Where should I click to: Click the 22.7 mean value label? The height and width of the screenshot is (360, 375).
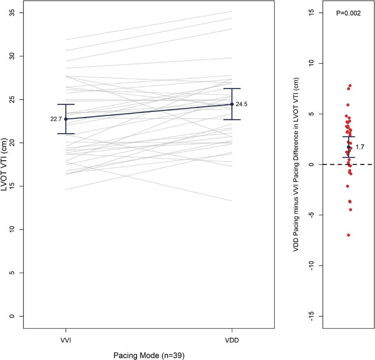pyautogui.click(x=56, y=119)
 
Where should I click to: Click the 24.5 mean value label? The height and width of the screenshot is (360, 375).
pyautogui.click(x=241, y=104)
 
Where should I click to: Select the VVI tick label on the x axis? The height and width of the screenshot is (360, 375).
pyautogui.click(x=66, y=340)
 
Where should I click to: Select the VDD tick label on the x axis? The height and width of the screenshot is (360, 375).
pyautogui.click(x=232, y=340)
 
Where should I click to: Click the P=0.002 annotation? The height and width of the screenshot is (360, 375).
pyautogui.click(x=348, y=13)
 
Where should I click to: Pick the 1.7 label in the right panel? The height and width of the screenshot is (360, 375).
pyautogui.click(x=360, y=147)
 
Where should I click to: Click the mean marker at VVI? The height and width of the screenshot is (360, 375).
pyautogui.click(x=66, y=119)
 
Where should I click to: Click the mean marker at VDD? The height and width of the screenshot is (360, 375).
pyautogui.click(x=232, y=104)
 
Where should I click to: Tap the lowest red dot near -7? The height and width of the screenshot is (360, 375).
pyautogui.click(x=348, y=235)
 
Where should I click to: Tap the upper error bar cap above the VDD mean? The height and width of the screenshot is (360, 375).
pyautogui.click(x=232, y=89)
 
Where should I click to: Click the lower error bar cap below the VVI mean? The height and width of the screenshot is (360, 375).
pyautogui.click(x=66, y=134)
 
